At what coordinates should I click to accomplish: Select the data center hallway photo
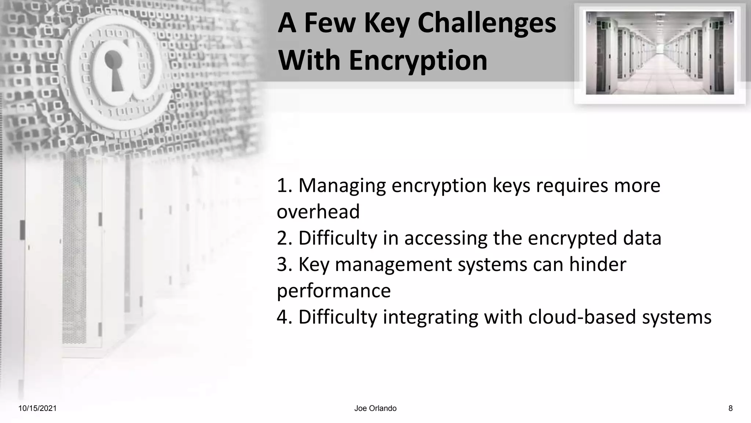click(x=660, y=53)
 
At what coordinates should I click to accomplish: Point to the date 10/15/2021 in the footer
click(x=37, y=408)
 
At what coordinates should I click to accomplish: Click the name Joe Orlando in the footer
click(x=375, y=408)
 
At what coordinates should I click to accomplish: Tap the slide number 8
click(x=730, y=408)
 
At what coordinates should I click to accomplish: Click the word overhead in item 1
click(x=318, y=212)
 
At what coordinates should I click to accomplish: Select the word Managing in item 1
click(x=342, y=186)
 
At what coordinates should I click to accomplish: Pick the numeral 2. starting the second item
click(x=284, y=238)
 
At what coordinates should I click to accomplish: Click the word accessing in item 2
click(x=446, y=238)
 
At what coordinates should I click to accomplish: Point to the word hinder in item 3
click(x=597, y=264)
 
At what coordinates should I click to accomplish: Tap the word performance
click(x=333, y=291)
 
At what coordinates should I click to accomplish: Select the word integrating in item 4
click(x=431, y=317)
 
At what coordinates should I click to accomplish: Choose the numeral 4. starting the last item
click(x=284, y=317)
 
